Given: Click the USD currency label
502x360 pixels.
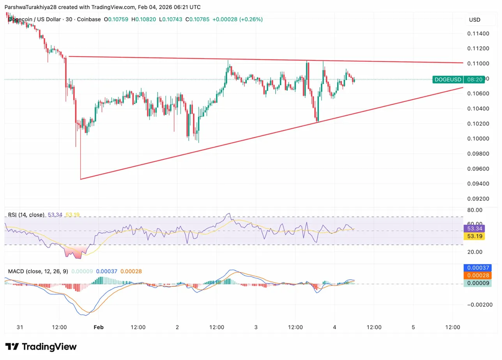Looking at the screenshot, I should pos(475,19).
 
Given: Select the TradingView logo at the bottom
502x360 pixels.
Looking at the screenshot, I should pos(41,347).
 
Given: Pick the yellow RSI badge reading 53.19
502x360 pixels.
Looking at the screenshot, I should pos(474,236).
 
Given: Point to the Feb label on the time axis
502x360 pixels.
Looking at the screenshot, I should pos(99,327).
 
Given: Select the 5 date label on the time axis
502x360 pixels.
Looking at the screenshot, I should pos(413,327).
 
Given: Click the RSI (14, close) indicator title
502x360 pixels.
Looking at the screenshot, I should pos(26,215).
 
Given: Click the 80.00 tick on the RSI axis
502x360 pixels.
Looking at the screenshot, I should pos(475,210).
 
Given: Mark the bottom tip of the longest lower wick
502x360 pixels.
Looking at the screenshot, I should pos(80,179).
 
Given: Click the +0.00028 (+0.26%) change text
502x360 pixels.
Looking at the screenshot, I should pos(237,19).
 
